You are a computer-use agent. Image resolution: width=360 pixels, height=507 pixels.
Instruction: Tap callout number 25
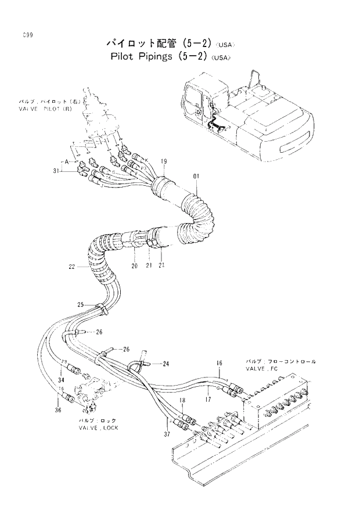pos(81,304)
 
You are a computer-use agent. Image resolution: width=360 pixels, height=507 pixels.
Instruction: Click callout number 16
pos(219,364)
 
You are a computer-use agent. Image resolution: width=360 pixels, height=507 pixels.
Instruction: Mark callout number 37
pos(167,434)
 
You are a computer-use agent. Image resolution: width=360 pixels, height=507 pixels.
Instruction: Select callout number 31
pos(56,171)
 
